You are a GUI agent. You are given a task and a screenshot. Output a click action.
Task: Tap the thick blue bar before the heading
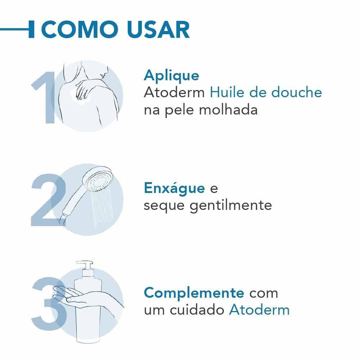click(x=31, y=30)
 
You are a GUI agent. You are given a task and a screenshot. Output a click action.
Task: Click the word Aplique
click(x=171, y=76)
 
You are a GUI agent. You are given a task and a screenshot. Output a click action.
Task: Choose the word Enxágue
click(x=174, y=188)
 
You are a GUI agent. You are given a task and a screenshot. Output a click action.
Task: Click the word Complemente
click(x=194, y=293)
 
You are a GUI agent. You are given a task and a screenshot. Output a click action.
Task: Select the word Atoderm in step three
click(x=259, y=310)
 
